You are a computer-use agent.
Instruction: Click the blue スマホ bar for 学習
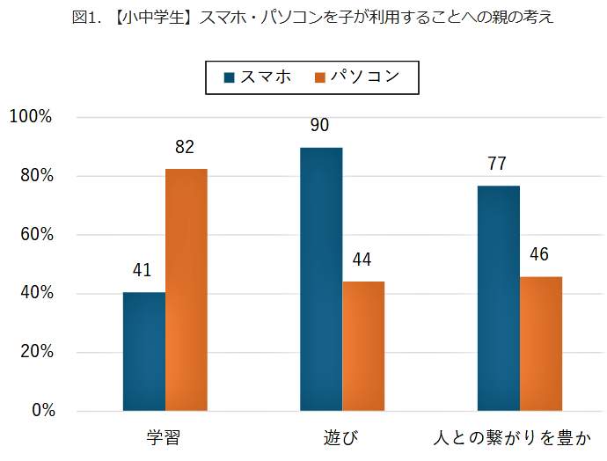tap(144, 352)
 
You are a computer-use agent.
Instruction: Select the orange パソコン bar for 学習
tap(186, 290)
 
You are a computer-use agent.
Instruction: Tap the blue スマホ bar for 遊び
tap(321, 279)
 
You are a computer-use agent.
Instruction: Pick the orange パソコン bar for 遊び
tap(363, 346)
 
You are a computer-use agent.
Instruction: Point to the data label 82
tap(185, 148)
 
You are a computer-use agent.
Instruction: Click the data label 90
tap(319, 126)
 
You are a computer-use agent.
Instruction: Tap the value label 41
tap(143, 270)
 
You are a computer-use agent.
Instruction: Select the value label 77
tap(497, 165)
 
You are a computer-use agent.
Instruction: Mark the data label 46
tap(539, 255)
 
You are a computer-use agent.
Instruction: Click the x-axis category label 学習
tap(165, 437)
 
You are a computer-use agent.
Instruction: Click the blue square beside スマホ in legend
tap(230, 77)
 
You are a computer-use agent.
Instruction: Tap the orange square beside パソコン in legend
tap(319, 77)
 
